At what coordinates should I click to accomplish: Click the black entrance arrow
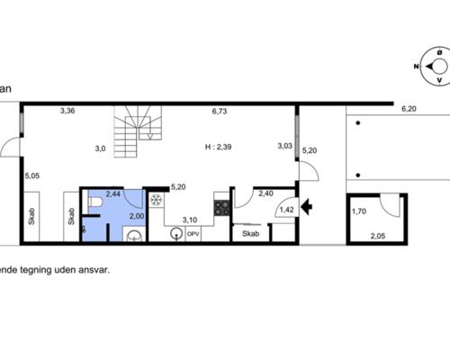(306, 206)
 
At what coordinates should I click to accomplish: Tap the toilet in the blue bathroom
(94, 202)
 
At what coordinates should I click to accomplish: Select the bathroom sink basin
(134, 236)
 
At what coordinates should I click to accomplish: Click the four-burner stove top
(221, 208)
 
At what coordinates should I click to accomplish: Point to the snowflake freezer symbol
(157, 200)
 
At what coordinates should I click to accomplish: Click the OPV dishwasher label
(193, 234)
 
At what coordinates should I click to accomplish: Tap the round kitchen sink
(176, 233)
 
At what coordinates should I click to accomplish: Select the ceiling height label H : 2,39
(218, 147)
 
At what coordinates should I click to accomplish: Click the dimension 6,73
(220, 112)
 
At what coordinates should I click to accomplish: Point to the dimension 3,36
(67, 111)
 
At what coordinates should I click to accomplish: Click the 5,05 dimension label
(32, 175)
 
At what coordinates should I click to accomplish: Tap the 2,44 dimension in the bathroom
(112, 194)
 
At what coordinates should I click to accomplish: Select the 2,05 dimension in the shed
(378, 236)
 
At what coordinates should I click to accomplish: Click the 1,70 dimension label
(359, 211)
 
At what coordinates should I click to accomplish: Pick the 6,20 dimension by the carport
(409, 109)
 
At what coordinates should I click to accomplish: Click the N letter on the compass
(416, 67)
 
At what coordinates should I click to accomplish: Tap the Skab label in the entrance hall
(250, 233)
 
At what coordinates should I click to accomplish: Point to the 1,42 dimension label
(287, 210)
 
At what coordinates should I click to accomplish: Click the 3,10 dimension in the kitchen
(190, 220)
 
